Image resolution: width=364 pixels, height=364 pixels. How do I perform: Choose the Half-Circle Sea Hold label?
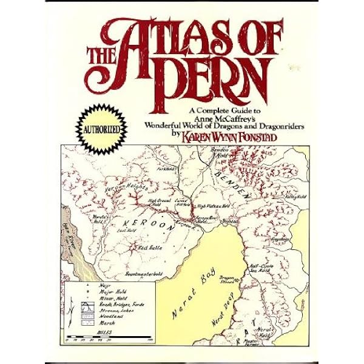point(263,271)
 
